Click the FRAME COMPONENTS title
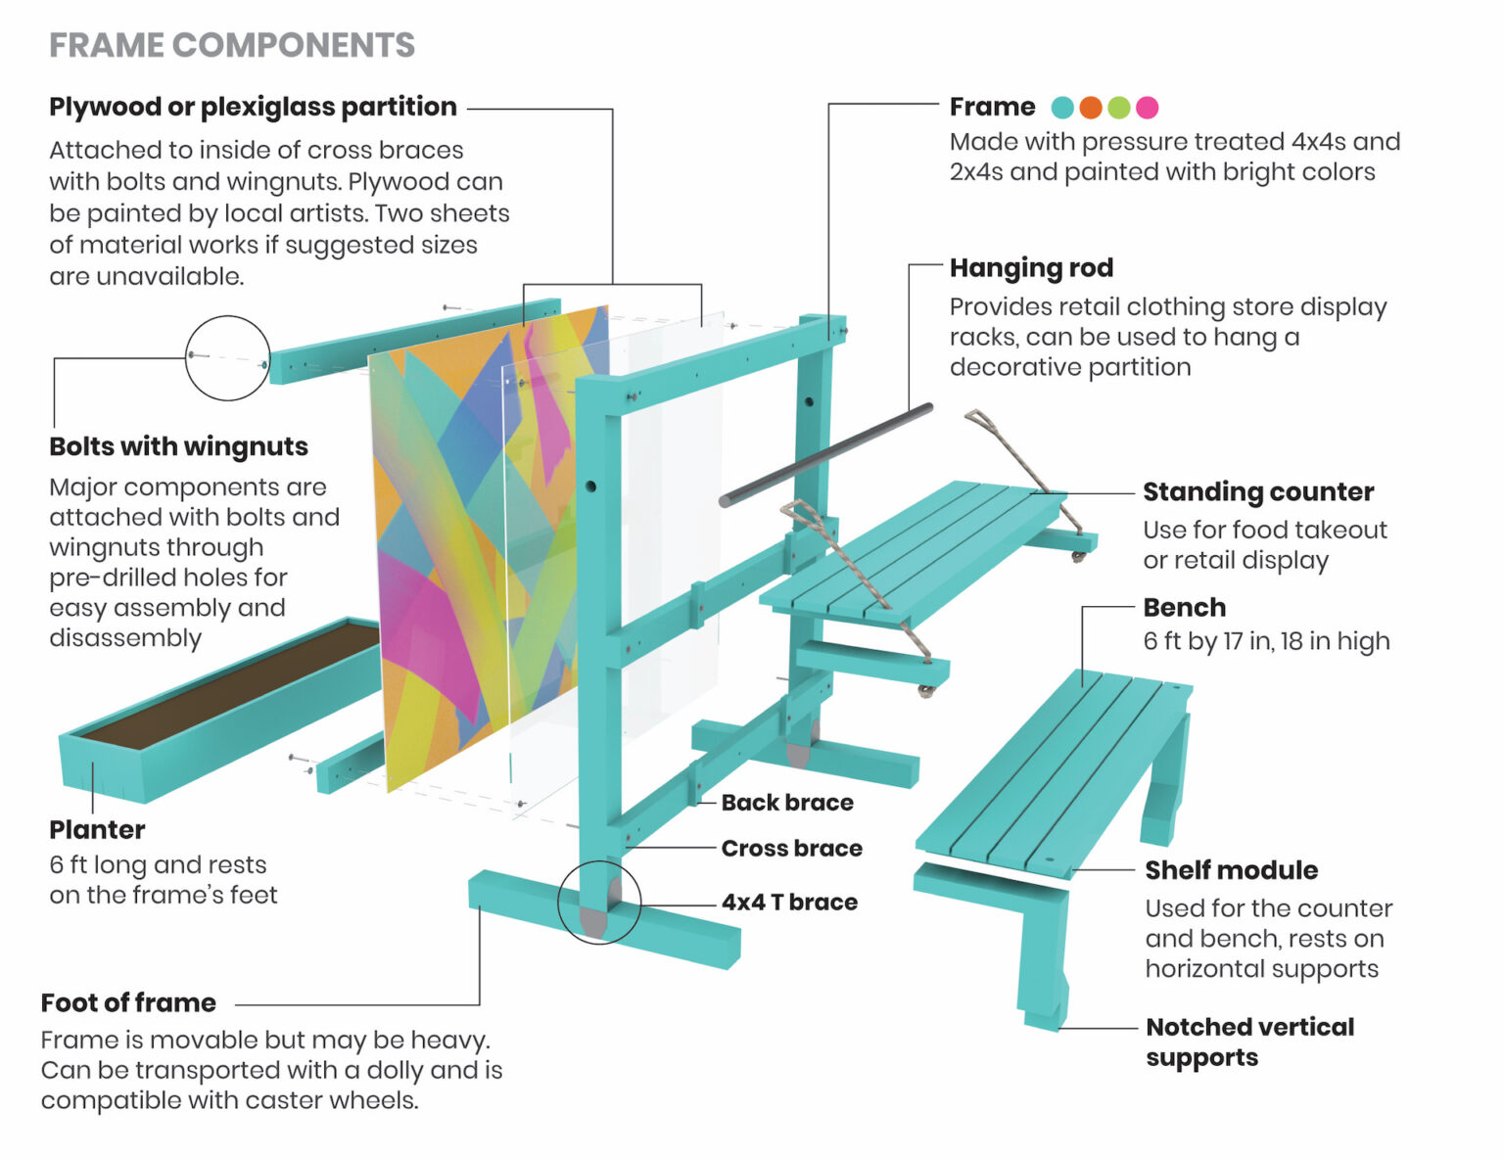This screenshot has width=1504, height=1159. point(232,45)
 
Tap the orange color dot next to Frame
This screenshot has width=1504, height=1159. point(1091,108)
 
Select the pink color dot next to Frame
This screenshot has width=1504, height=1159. point(1147,108)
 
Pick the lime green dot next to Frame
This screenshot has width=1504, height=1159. point(1119,108)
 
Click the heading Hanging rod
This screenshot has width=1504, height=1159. point(1031,267)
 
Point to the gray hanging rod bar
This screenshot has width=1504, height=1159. point(827,454)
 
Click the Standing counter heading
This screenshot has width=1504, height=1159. point(1257,491)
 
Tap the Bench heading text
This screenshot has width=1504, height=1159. point(1184,608)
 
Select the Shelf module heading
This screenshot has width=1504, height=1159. point(1231,870)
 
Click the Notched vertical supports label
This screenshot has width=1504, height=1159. point(1249,1042)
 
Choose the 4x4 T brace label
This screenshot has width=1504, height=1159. point(789,902)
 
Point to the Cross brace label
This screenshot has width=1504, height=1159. point(791,848)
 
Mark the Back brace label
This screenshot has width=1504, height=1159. point(787,803)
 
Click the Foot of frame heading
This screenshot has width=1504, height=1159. point(128,1002)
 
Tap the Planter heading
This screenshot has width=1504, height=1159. point(97,830)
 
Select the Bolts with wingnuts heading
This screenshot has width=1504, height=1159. point(178,446)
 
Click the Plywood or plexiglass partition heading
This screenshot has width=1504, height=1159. point(253,107)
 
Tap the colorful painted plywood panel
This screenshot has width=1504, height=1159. point(441,548)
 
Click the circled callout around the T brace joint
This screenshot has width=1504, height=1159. point(599,902)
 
